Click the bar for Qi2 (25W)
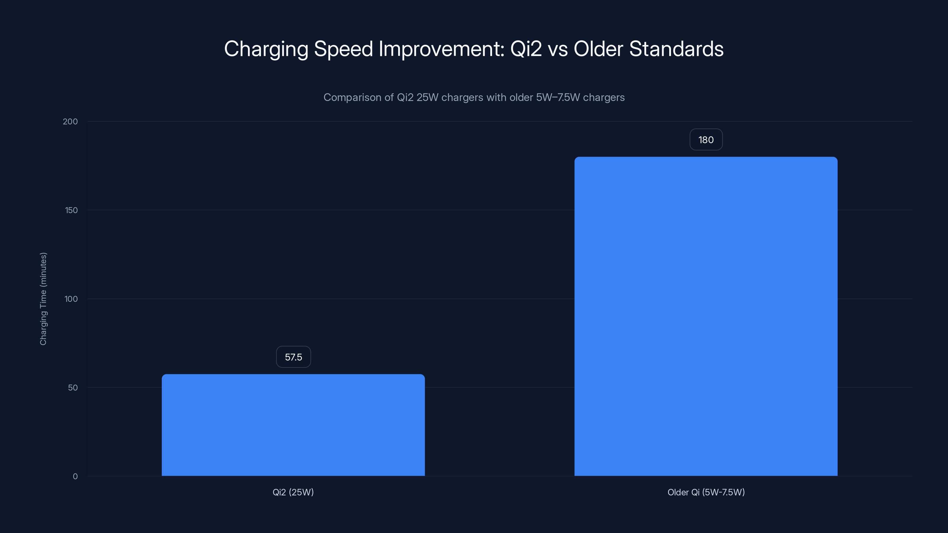(x=293, y=425)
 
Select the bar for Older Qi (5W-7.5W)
(x=706, y=316)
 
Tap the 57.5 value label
(x=293, y=357)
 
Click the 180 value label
(x=706, y=140)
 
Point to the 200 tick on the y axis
(x=70, y=121)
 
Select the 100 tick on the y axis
(x=71, y=299)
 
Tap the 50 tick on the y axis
(x=73, y=387)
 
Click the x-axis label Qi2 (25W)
(x=293, y=492)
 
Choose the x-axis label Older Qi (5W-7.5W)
(x=706, y=492)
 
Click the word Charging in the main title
(x=266, y=49)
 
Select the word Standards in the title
(x=676, y=49)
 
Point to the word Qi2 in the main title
(x=526, y=49)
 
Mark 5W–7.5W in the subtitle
(x=558, y=97)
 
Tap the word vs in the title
(x=558, y=49)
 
